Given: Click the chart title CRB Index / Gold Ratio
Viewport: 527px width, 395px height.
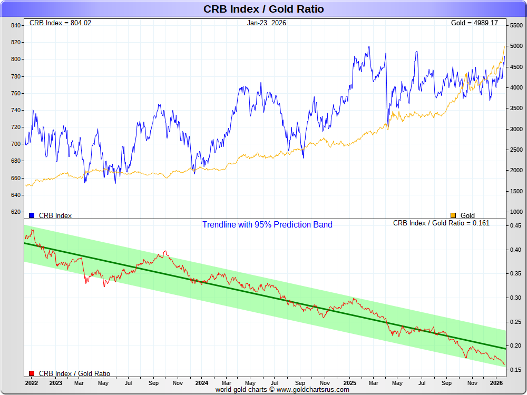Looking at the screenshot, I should click(x=263, y=9).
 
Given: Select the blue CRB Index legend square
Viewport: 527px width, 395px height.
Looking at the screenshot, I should click(x=32, y=215).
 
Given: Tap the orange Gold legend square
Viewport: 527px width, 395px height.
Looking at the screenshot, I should click(x=453, y=215).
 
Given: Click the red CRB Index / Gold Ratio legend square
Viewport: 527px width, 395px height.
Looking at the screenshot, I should click(x=32, y=373).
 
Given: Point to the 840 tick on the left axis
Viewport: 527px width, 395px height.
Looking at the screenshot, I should click(x=16, y=25).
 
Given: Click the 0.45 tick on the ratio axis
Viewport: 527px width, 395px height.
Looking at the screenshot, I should click(x=515, y=226).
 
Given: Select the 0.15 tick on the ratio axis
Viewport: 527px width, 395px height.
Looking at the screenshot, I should click(x=515, y=370).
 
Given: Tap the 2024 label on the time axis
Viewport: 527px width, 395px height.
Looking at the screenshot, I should click(x=201, y=383).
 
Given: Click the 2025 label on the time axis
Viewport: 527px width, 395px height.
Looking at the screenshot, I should click(x=350, y=383).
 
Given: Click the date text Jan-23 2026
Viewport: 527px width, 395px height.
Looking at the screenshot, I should click(x=266, y=23).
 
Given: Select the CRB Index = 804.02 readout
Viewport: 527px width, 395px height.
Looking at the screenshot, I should click(x=60, y=23).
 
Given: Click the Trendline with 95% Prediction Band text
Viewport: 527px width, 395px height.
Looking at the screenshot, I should click(x=267, y=225).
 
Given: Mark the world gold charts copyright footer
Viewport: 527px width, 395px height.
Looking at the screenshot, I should click(x=282, y=390).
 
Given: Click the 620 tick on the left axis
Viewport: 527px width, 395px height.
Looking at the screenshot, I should click(x=16, y=212).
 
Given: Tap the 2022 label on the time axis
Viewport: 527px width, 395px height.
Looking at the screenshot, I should click(x=31, y=383).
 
